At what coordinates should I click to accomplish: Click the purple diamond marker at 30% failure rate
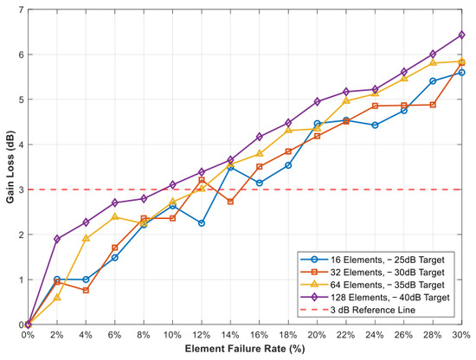(462, 35)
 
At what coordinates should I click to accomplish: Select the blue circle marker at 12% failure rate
(202, 223)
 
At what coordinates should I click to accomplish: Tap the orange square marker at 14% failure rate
(230, 202)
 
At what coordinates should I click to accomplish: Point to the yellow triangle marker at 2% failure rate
(57, 298)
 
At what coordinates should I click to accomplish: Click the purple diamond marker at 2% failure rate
(57, 239)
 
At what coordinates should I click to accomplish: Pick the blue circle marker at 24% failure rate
(375, 125)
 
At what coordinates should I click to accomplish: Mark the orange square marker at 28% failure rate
(433, 105)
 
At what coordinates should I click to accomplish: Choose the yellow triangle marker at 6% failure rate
(115, 216)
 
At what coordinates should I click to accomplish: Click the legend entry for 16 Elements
(372, 260)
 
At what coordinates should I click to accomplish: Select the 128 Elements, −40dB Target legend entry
(375, 297)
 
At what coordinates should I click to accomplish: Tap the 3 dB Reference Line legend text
(373, 310)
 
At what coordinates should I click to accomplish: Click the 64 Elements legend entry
(372, 285)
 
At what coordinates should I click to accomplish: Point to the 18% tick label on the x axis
(288, 335)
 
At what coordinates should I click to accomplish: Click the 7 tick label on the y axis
(21, 10)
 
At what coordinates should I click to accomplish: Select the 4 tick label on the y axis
(21, 145)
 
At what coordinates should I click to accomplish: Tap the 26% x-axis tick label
(404, 335)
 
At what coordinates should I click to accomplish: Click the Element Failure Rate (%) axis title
(245, 349)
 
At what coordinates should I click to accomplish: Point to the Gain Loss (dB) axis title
(10, 167)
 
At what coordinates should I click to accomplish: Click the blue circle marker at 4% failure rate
(86, 280)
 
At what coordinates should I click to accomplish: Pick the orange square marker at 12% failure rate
(202, 180)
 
